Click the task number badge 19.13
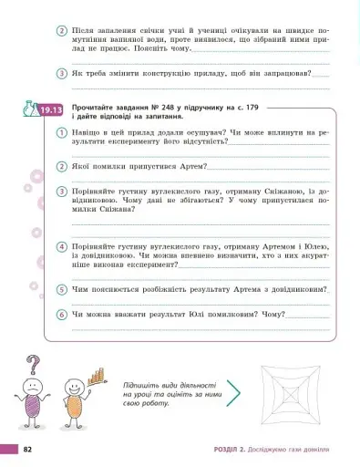[50, 111]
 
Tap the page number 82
[28, 449]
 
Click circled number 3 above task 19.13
[61, 75]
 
